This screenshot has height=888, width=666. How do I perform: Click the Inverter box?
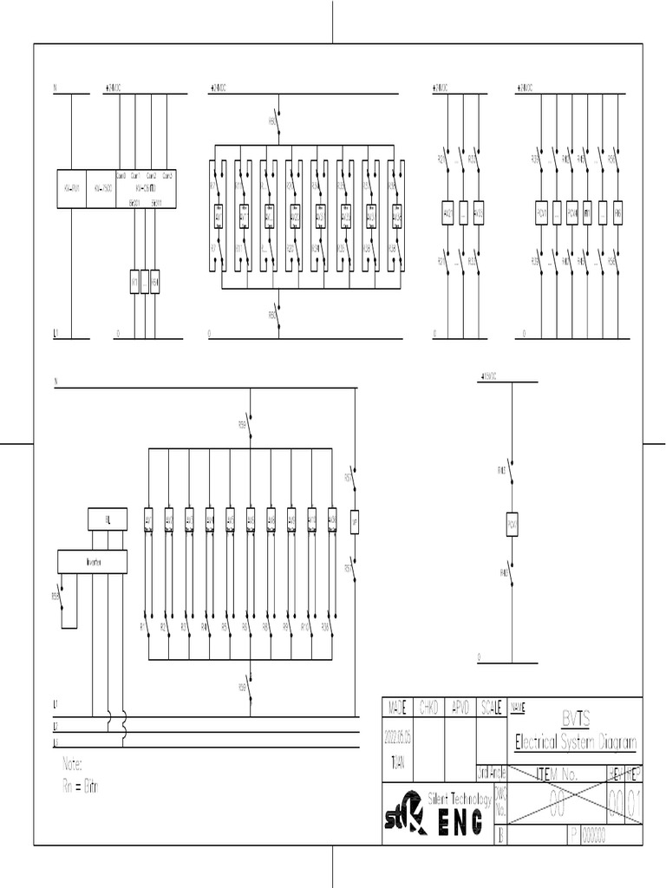click(93, 562)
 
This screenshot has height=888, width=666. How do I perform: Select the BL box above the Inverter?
click(108, 519)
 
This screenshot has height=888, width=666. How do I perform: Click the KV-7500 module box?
click(103, 188)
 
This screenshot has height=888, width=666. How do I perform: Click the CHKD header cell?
click(429, 708)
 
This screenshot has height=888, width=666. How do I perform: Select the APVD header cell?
click(460, 708)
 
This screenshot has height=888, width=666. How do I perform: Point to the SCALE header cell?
click(491, 708)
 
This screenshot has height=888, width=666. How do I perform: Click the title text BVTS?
click(576, 719)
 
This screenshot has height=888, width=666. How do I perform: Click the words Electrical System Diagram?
click(576, 743)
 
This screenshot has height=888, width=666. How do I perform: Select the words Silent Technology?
click(460, 797)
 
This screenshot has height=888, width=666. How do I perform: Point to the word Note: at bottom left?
click(73, 765)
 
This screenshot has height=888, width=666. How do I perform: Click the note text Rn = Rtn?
click(81, 787)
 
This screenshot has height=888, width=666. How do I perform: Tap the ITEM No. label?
click(557, 774)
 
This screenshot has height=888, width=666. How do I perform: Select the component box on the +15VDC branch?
click(512, 526)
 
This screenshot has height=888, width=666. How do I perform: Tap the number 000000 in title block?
click(595, 836)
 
